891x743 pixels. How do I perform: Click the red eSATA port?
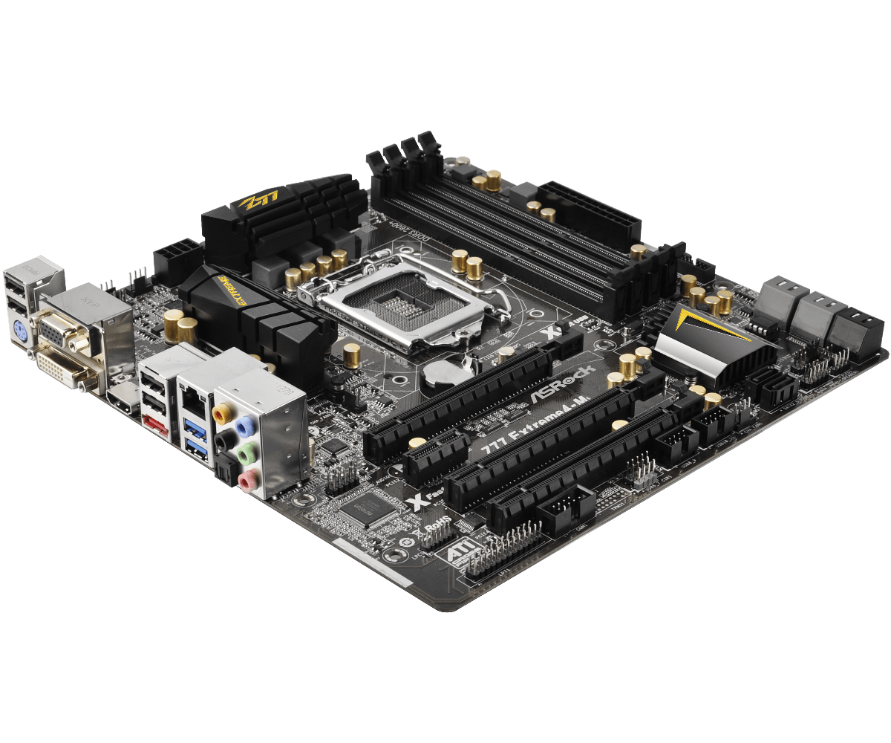pos(153,424)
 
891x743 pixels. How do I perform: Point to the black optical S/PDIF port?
pos(224,472)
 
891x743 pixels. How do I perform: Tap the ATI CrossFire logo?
pos(456,559)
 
